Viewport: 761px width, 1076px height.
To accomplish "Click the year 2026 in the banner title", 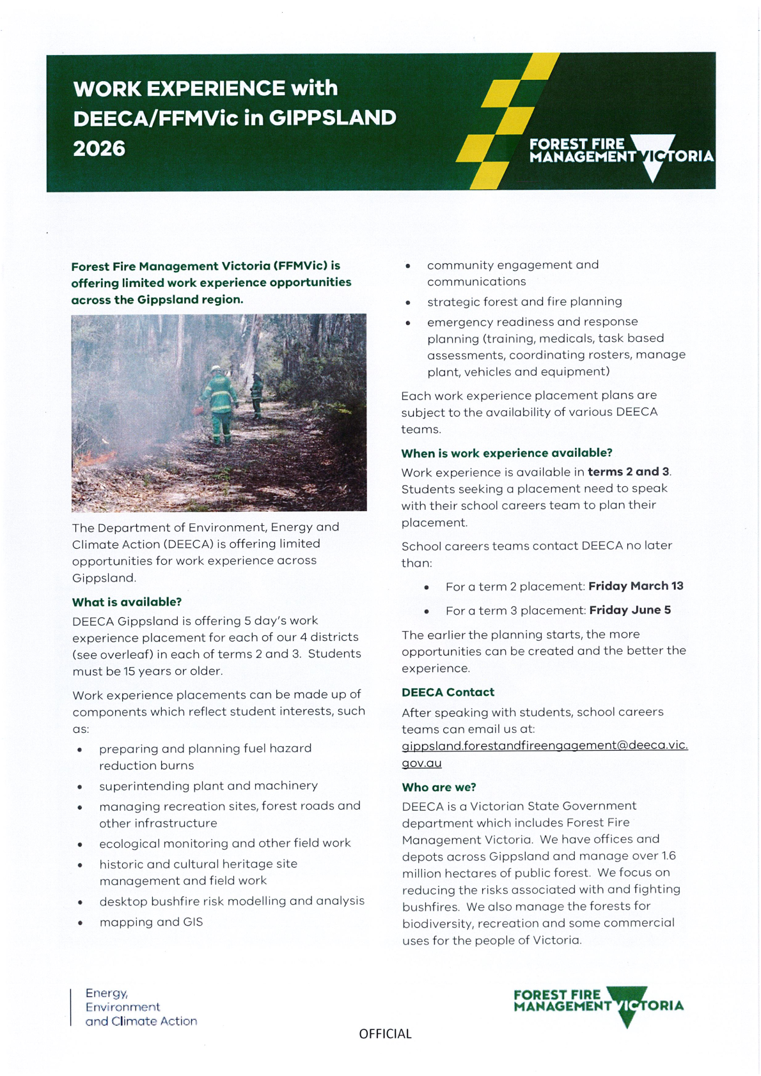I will [x=99, y=149].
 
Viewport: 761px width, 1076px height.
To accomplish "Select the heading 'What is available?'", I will [x=127, y=602].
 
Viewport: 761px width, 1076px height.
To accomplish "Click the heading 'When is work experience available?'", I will [x=506, y=453].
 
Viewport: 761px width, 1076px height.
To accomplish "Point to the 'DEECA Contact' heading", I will [x=448, y=692].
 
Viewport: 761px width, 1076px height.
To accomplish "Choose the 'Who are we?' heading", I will [x=439, y=787].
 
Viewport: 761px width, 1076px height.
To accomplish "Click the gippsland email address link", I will [x=544, y=746].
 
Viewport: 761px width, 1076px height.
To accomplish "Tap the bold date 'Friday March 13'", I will [x=636, y=586].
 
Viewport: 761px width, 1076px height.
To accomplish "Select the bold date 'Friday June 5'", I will [x=630, y=610].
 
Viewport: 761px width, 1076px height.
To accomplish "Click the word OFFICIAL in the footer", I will [x=385, y=1034].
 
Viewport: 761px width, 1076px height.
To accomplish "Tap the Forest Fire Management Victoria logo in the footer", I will [x=598, y=1005].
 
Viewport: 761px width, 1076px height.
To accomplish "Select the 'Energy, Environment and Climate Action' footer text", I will [x=141, y=1007].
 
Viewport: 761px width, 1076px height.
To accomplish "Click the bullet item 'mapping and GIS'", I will [x=151, y=922].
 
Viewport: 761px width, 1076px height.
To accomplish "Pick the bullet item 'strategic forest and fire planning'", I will [x=524, y=302].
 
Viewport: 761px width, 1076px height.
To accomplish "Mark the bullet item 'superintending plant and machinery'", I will [x=208, y=785].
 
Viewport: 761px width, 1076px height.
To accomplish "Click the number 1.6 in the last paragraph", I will [x=668, y=856].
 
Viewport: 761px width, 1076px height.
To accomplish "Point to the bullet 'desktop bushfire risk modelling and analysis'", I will [x=231, y=901].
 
